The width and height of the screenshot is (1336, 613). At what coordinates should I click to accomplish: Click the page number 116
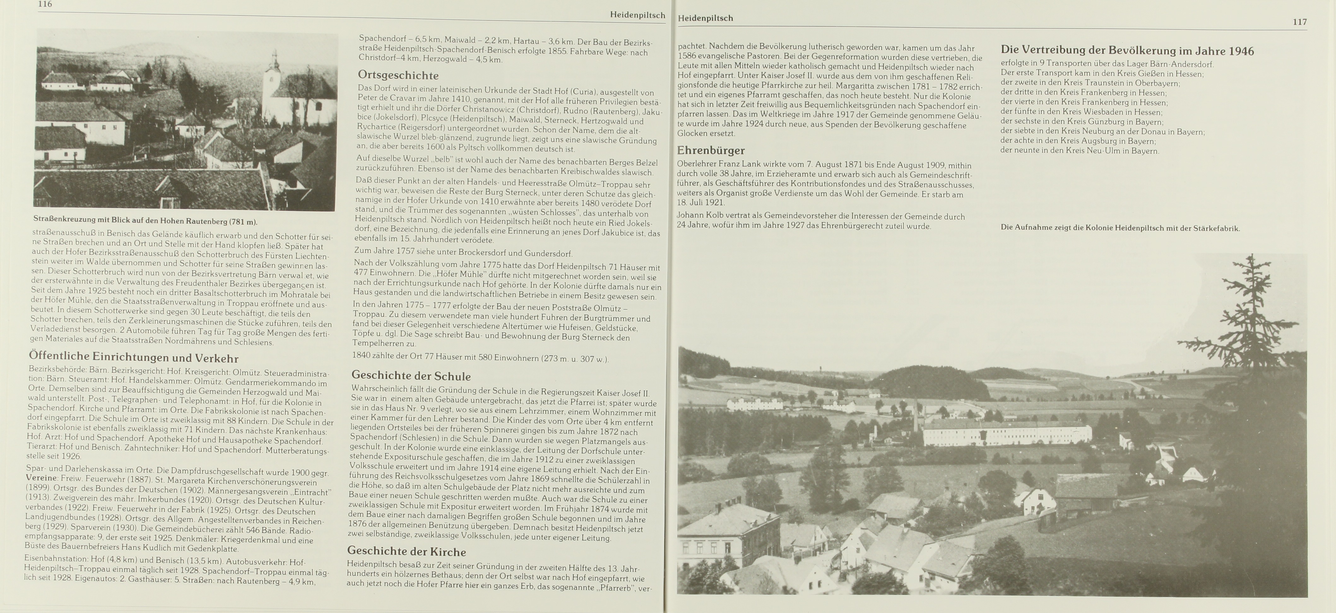[x=45, y=4]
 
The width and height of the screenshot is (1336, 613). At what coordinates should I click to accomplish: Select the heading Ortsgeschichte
[x=398, y=75]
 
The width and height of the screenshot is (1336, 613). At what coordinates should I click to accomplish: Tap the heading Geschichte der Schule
[x=411, y=376]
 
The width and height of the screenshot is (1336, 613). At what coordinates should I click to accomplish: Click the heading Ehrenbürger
[x=711, y=150]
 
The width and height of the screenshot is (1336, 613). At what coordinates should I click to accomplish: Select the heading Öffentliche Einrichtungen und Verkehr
[x=133, y=357]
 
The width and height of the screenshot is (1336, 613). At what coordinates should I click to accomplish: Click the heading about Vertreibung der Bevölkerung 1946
[x=1127, y=50]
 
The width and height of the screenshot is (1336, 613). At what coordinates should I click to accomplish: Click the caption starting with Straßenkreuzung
[x=145, y=221]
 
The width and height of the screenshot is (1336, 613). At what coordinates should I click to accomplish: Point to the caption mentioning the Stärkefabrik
[x=1120, y=228]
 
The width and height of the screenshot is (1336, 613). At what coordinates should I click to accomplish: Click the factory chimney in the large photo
[x=916, y=417]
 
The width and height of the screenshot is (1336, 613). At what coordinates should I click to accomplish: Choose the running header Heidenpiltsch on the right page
[x=705, y=18]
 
